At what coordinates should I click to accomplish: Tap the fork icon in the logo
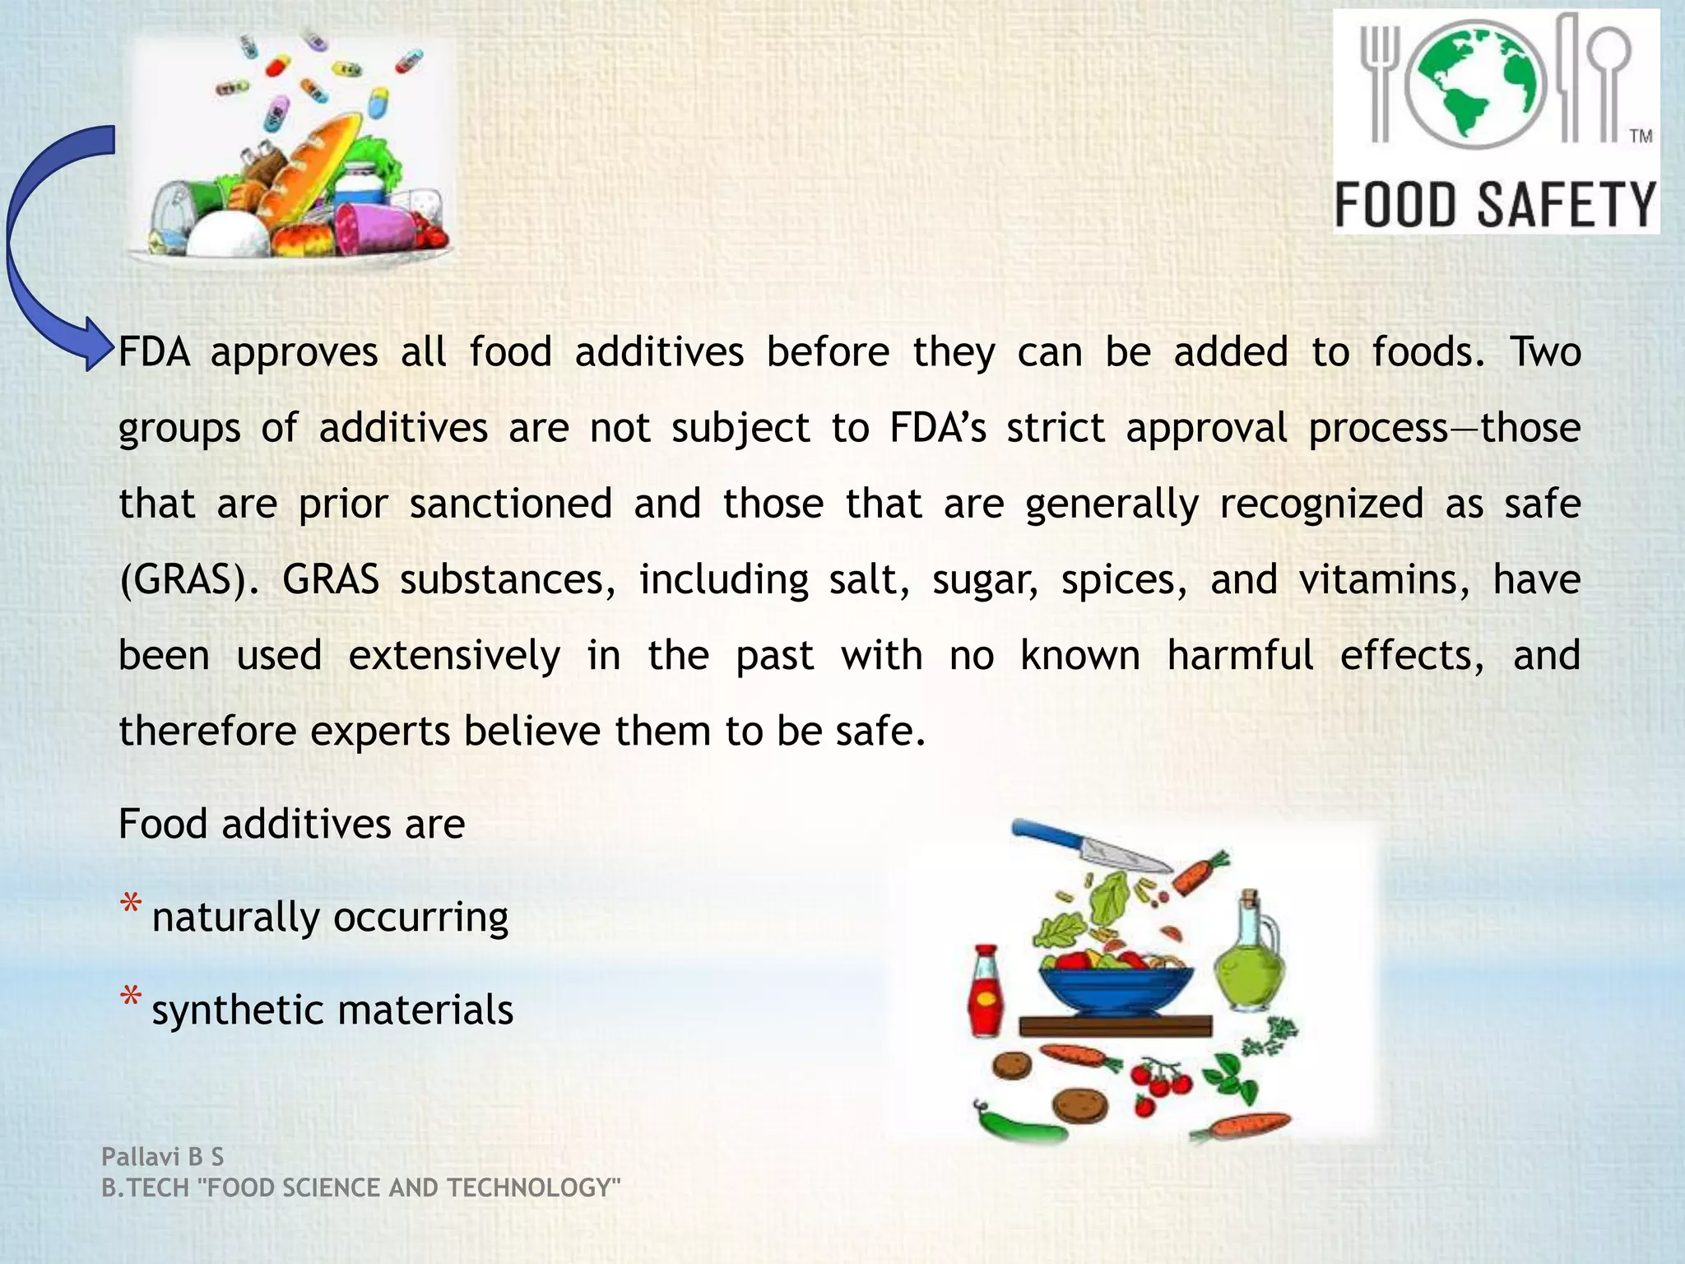pyautogui.click(x=1380, y=82)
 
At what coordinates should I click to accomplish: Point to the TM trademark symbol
pyautogui.click(x=1641, y=137)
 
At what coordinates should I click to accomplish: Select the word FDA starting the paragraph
pyautogui.click(x=154, y=353)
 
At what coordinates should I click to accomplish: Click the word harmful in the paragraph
pyautogui.click(x=1240, y=656)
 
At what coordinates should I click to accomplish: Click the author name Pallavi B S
pyautogui.click(x=162, y=1157)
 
